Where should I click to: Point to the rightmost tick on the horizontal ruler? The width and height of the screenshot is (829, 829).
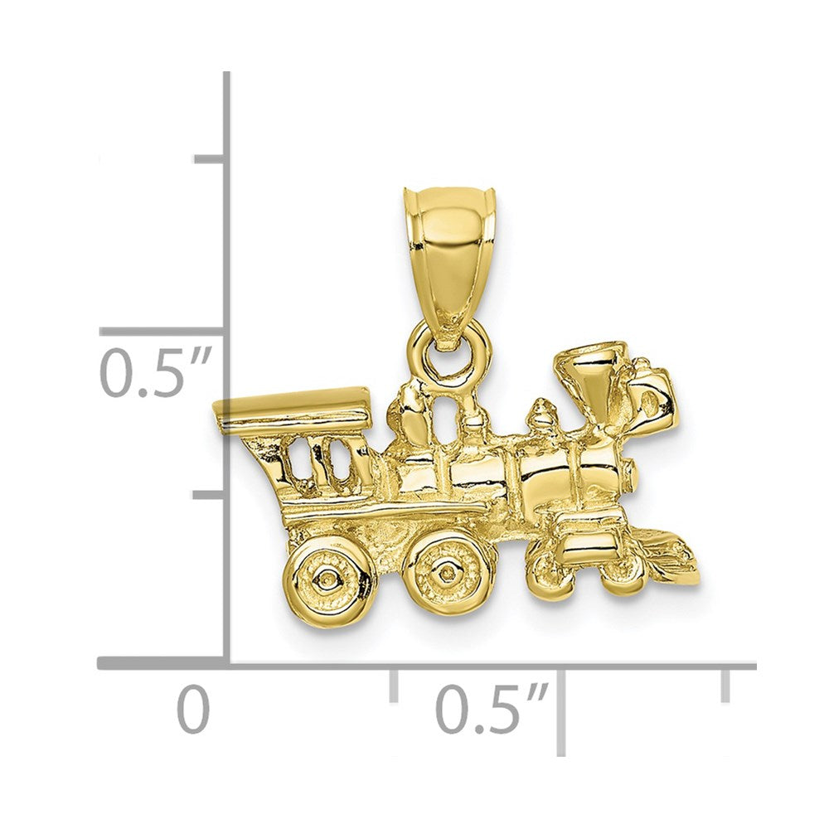pyautogui.click(x=725, y=684)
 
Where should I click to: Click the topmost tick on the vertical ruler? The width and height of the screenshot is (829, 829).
pyautogui.click(x=209, y=158)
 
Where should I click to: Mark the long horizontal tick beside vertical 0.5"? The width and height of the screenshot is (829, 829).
pyautogui.click(x=162, y=331)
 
